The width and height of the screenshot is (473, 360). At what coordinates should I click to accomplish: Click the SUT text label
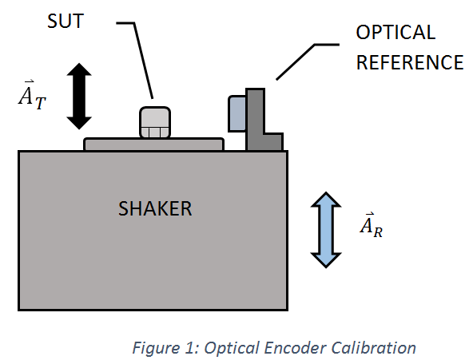coord(66,21)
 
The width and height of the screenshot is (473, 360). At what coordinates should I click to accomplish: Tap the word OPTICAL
coord(395,32)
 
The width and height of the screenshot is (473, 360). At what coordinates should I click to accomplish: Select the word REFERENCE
coord(410,62)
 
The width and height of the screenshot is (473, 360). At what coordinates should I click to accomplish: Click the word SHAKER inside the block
coord(155,208)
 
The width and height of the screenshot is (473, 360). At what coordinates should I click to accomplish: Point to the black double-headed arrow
coord(79,96)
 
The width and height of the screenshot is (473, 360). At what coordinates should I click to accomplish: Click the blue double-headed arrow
coord(326,230)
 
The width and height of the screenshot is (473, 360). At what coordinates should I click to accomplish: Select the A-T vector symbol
coord(32,95)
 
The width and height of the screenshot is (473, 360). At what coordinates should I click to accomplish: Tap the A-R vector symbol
coord(372,225)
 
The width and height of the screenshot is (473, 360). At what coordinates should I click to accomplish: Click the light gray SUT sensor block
coord(155,123)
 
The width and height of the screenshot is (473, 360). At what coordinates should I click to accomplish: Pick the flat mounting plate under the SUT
coord(153,144)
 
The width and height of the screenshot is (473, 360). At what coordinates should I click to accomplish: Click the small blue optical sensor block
coord(237,113)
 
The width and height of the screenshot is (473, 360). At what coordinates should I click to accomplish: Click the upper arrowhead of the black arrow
coord(79,69)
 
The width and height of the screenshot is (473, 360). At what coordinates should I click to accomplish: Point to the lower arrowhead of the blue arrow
coord(326,260)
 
